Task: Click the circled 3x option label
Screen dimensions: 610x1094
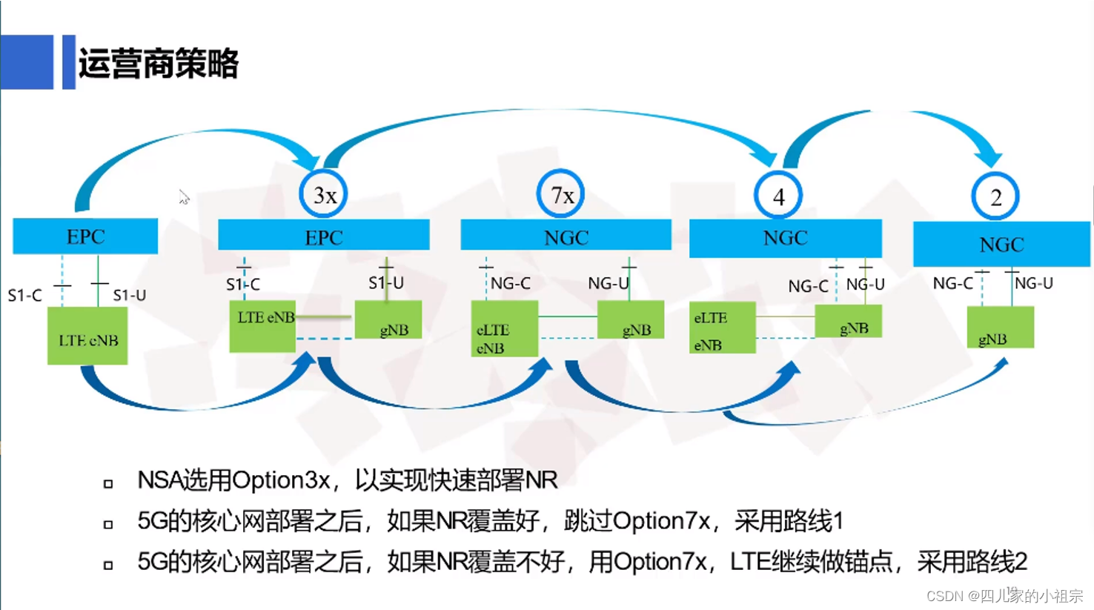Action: tap(324, 195)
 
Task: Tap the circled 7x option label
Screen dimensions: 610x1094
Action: tap(561, 195)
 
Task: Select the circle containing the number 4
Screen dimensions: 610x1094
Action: tap(778, 196)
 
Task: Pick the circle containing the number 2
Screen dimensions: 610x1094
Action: tap(995, 197)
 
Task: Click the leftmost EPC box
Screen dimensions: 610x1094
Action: tap(85, 236)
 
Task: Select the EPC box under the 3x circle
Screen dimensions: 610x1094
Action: tap(324, 237)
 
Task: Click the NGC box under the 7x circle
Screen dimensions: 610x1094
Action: tap(566, 237)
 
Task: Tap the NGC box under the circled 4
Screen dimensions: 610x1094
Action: tap(785, 238)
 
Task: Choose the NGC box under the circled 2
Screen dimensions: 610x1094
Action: tap(1001, 245)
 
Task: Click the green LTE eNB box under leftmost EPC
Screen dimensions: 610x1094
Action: tap(87, 337)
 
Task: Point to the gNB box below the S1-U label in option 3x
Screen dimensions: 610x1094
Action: tap(388, 320)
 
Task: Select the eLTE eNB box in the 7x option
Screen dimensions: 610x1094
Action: tap(504, 329)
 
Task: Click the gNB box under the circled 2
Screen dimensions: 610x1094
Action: tap(1000, 327)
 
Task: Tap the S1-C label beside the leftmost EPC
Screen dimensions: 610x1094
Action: tap(24, 296)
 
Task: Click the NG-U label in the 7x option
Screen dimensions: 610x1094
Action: tap(608, 283)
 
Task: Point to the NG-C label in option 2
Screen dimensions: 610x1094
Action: tap(952, 283)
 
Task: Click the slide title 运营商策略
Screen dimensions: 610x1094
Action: tap(159, 64)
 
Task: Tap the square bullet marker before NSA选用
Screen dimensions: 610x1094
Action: tap(108, 484)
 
